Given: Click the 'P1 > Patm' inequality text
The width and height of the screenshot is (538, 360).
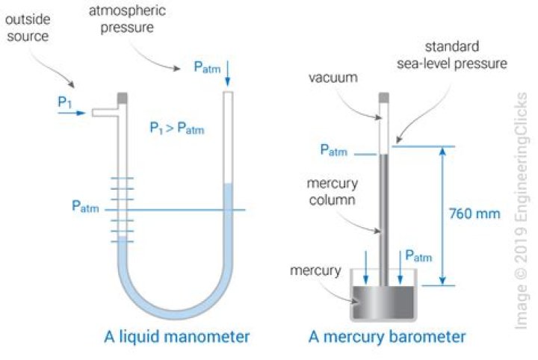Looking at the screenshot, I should click(x=176, y=129).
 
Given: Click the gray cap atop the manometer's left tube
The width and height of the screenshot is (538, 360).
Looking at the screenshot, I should click(x=123, y=96).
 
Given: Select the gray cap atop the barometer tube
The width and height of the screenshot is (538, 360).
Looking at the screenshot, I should click(x=383, y=97).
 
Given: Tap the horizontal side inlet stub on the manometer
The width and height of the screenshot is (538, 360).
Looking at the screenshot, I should click(x=103, y=112).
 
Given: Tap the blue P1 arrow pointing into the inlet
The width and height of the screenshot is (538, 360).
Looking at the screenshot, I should click(x=72, y=114).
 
